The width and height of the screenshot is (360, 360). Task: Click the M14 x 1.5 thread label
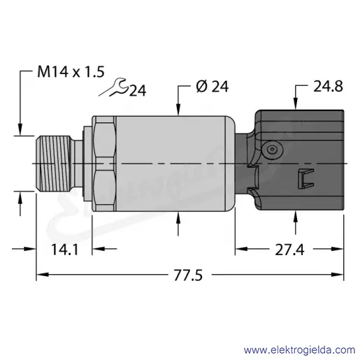click(x=71, y=71)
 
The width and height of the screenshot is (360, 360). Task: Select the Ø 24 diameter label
click(x=213, y=87)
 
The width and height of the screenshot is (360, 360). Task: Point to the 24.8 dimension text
click(x=328, y=86)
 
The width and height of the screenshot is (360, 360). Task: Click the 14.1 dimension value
click(x=64, y=250)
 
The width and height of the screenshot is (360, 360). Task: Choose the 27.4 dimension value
click(x=289, y=250)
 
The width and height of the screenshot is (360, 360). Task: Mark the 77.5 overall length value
click(x=188, y=275)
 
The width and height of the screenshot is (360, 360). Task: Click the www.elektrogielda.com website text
click(x=300, y=350)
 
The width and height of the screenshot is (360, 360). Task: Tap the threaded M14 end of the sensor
click(x=53, y=164)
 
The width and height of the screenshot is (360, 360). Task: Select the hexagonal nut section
click(x=104, y=164)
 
